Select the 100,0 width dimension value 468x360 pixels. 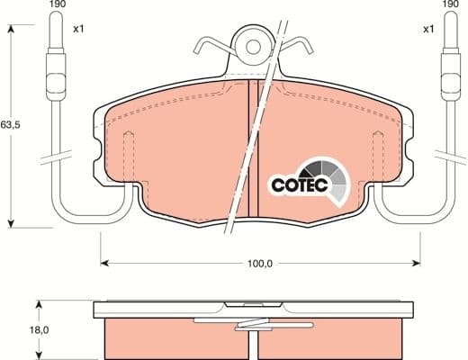click(259, 263)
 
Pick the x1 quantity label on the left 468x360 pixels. click(78, 29)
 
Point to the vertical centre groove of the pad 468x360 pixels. click(253, 148)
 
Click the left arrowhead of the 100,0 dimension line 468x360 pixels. click(102, 263)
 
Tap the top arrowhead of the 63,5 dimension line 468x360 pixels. click(10, 30)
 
